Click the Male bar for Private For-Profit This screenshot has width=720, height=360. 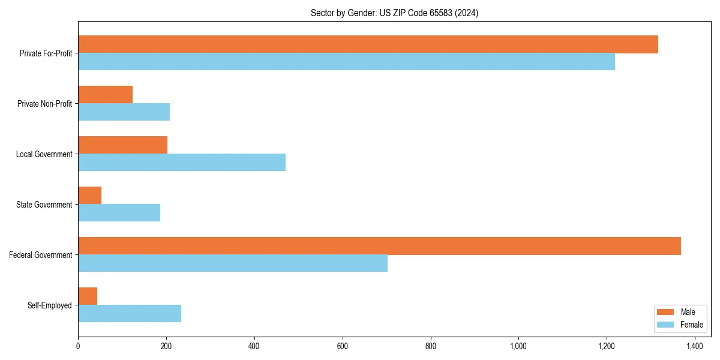pyautogui.click(x=368, y=44)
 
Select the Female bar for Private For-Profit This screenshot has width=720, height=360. pyautogui.click(x=346, y=62)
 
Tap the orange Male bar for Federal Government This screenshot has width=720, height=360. pyautogui.click(x=379, y=246)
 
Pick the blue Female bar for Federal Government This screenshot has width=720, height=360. pyautogui.click(x=233, y=263)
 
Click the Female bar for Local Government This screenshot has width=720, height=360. pyautogui.click(x=182, y=163)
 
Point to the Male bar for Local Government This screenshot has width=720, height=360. pyautogui.click(x=122, y=145)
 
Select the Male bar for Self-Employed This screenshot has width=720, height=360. pyautogui.click(x=88, y=296)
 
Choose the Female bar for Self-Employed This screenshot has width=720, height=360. pyautogui.click(x=130, y=314)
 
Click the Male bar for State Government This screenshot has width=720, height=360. pyautogui.click(x=89, y=196)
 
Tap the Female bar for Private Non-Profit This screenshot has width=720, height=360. pyautogui.click(x=124, y=112)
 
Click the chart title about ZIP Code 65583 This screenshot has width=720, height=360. pyautogui.click(x=394, y=13)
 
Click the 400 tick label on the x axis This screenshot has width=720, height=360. pyautogui.click(x=254, y=346)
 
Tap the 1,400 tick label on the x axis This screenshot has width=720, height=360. pyautogui.click(x=694, y=346)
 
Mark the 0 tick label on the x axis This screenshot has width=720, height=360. pyautogui.click(x=78, y=346)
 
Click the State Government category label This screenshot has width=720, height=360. pyautogui.click(x=44, y=205)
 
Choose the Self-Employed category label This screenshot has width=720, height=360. pyautogui.click(x=49, y=305)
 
